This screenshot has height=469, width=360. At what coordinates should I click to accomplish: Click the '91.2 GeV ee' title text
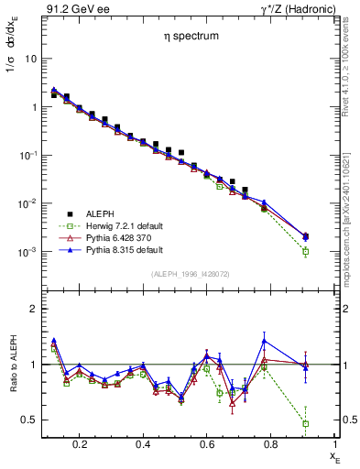coord(70,7)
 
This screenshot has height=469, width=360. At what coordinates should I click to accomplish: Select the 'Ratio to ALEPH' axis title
coord(12,364)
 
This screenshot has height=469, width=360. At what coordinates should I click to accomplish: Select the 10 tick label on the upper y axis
coord(28,59)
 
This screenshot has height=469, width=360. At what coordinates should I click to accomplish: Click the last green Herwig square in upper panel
coord(305,251)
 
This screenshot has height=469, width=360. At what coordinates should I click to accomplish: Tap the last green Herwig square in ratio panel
coord(305,423)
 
